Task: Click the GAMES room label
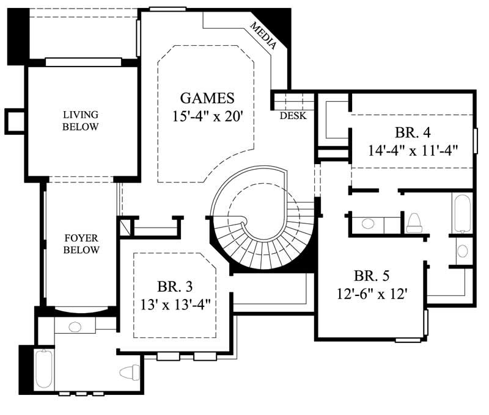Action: coord(207,98)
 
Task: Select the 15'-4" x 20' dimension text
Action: coord(207,116)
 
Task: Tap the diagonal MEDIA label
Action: coord(264,35)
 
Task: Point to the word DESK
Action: coord(293,115)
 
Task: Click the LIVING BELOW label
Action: coord(81,120)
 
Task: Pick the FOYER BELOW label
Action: coord(81,244)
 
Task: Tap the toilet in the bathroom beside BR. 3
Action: coord(130,371)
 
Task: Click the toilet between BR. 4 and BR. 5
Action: coord(414,222)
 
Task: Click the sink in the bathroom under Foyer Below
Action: coord(75,327)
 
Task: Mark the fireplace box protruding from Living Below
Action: coord(14,121)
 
